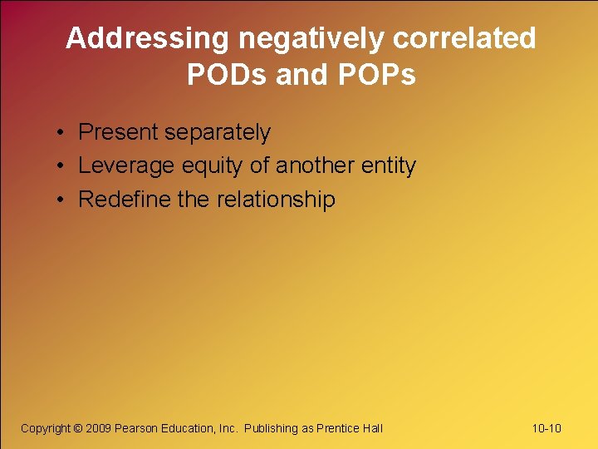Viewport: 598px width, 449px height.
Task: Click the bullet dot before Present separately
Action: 62,134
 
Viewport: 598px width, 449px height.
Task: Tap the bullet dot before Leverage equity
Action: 62,167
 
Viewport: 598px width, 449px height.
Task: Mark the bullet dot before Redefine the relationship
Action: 62,200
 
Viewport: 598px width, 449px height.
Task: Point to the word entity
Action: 389,166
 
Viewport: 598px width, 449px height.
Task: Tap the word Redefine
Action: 117,200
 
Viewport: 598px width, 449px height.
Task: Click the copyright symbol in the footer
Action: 78,428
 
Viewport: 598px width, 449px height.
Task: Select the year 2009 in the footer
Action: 98,428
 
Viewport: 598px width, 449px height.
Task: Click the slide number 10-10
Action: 547,428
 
